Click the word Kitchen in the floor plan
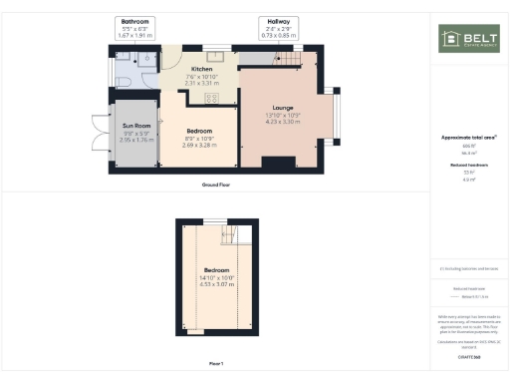point(202,70)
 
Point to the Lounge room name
point(283,107)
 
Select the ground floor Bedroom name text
point(199,131)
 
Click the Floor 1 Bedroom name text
point(217,270)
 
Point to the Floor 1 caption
point(216,363)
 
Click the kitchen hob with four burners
point(212,97)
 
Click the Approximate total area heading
point(467,137)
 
